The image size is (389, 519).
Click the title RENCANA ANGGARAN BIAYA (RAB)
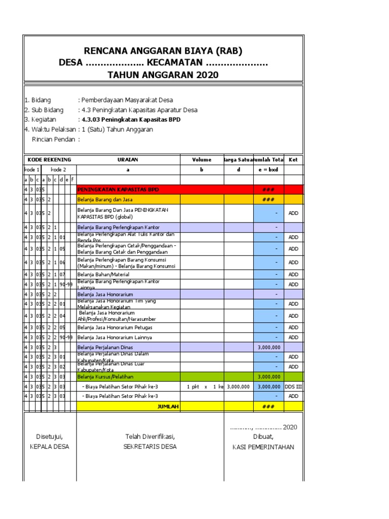click(x=163, y=51)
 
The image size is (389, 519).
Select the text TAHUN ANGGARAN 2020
click(x=163, y=75)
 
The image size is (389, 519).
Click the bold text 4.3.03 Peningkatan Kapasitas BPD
click(x=131, y=120)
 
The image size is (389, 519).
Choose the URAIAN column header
click(x=128, y=160)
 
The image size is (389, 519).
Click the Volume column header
click(x=202, y=160)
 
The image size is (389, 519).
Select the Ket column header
click(x=293, y=160)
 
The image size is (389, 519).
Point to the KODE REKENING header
click(x=50, y=160)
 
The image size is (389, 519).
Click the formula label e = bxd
click(x=268, y=170)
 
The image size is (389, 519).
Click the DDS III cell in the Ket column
click(x=293, y=386)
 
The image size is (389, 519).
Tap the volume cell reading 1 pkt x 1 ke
click(x=202, y=386)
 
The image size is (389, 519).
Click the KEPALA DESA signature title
click(x=49, y=447)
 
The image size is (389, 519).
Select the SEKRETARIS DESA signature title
click(x=150, y=447)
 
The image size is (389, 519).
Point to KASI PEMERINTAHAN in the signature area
click(x=263, y=447)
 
